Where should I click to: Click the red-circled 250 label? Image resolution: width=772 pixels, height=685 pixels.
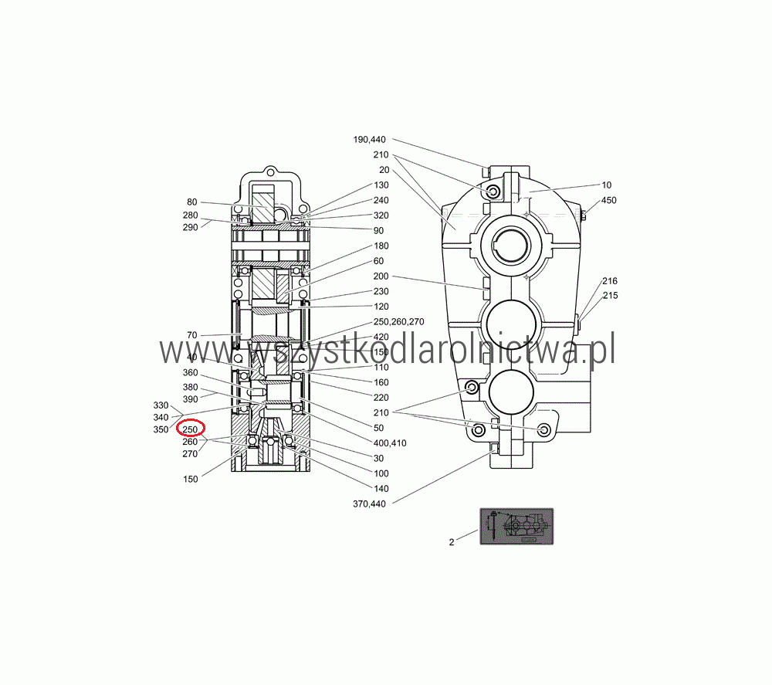point(190,429)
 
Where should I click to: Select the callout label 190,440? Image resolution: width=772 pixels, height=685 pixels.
point(369,139)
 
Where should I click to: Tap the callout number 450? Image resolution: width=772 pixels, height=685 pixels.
point(608,201)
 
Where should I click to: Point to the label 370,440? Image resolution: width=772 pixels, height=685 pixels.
point(369,504)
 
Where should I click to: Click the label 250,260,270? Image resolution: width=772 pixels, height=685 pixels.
point(399,321)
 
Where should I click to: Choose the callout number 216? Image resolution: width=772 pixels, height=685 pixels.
point(610,280)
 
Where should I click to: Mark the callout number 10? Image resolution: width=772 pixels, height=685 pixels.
point(607,185)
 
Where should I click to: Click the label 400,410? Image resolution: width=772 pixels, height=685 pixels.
point(390,443)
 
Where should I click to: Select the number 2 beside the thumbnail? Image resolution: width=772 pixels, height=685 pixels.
point(452,542)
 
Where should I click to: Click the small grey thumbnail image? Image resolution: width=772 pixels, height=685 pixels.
point(516,527)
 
